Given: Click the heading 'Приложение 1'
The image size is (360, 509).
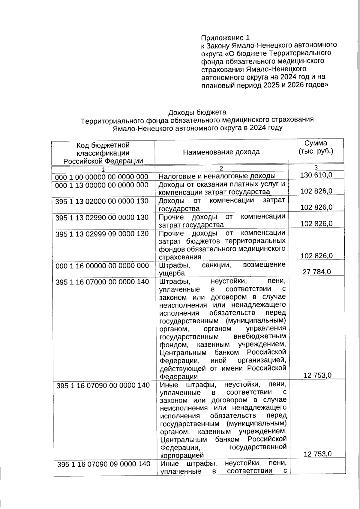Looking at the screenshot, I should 225,38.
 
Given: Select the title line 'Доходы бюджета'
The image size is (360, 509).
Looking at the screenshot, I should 197,112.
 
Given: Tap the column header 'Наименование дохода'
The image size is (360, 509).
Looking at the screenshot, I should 221,152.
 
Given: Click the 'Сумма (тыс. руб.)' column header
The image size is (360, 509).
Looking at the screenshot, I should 316,147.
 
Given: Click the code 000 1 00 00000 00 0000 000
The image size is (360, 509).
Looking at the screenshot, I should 102,177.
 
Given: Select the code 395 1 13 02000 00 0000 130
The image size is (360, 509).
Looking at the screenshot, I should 102,201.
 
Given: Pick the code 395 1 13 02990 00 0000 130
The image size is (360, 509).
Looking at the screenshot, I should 102,217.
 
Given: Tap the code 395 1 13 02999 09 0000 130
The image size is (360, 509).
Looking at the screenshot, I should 102,234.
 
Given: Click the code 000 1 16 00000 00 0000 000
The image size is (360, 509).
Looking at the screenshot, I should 102,266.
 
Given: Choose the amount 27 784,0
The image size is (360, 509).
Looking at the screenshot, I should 316,272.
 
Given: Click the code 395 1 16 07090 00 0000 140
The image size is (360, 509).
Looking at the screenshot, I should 103,385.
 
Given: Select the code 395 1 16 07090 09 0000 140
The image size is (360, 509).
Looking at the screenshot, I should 103,464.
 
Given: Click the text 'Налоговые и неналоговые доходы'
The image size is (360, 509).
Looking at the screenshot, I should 217,176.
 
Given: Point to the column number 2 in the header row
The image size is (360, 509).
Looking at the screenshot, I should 221,169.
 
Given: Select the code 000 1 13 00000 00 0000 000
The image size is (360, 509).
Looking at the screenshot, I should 102,185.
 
